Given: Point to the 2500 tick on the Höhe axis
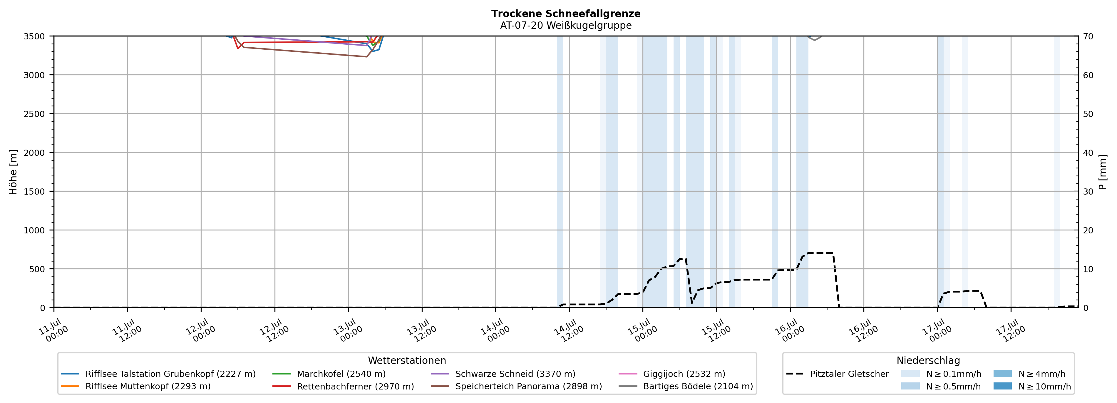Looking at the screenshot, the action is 34,114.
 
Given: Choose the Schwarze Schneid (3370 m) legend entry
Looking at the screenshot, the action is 503,374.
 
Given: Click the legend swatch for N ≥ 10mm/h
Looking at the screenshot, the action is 1002,386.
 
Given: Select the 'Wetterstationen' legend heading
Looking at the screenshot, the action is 407,360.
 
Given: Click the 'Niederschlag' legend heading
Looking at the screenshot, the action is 928,360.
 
